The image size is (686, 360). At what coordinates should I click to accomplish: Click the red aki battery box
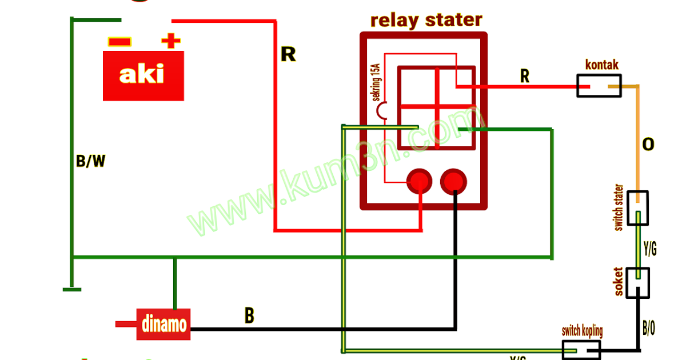[143, 75]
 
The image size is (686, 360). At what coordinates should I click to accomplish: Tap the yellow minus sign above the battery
[119, 42]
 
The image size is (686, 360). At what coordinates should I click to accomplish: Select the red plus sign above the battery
[170, 41]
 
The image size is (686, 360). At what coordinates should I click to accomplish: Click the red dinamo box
[163, 324]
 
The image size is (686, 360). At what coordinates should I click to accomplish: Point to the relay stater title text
[426, 20]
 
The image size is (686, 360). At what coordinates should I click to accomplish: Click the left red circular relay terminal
[419, 181]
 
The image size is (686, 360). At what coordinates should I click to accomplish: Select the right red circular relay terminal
[454, 181]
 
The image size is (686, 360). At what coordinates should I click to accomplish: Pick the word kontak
[602, 65]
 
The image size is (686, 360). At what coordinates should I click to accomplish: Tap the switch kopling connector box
[581, 349]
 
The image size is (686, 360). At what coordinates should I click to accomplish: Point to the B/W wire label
[90, 162]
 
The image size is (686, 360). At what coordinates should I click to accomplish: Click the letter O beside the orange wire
[648, 145]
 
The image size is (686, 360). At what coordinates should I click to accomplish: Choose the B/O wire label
[649, 328]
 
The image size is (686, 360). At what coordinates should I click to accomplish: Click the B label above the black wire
[249, 315]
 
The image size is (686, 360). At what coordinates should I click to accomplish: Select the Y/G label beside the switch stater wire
[650, 249]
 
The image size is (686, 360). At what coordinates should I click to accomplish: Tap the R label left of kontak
[524, 75]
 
